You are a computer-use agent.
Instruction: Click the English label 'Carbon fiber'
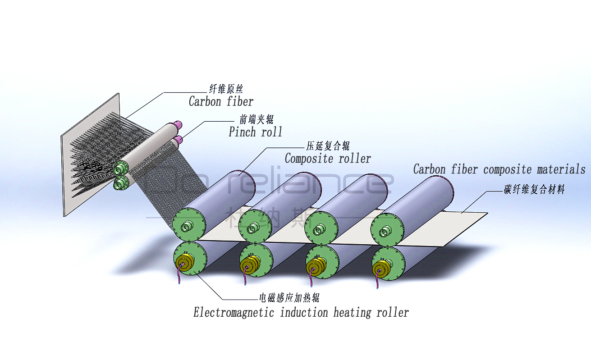pyautogui.click(x=221, y=101)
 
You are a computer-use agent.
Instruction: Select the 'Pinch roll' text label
pyautogui.click(x=255, y=132)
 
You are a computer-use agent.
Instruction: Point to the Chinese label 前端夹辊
pyautogui.click(x=256, y=119)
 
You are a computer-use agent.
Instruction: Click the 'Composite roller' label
pyautogui.click(x=328, y=159)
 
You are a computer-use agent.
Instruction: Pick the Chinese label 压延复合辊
pyautogui.click(x=328, y=146)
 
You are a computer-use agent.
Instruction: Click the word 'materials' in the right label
pyautogui.click(x=561, y=169)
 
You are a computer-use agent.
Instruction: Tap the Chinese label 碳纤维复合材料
pyautogui.click(x=534, y=190)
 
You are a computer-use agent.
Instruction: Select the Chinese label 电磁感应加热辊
pyautogui.click(x=289, y=298)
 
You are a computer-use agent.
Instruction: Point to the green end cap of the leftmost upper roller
pyautogui.click(x=189, y=226)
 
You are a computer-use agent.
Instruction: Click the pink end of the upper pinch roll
pyautogui.click(x=178, y=124)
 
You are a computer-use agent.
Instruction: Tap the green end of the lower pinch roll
pyautogui.click(x=121, y=182)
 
